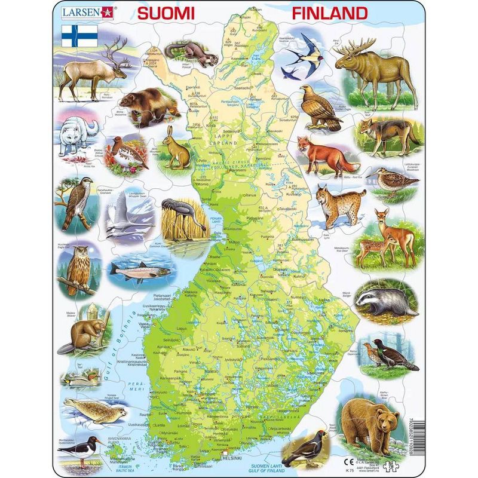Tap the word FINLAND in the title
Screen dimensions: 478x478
[329, 13]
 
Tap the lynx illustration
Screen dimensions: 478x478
[332, 206]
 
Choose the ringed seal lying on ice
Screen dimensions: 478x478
[96, 412]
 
